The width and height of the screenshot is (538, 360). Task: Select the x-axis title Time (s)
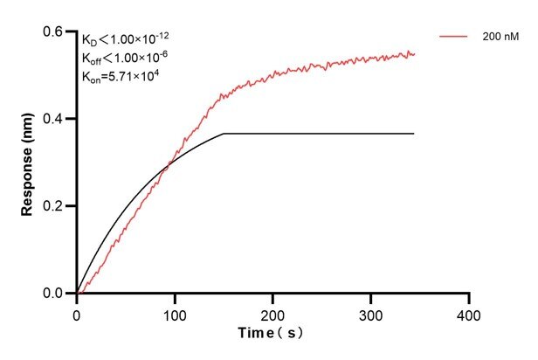pyautogui.click(x=272, y=334)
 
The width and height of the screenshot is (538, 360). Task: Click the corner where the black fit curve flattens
pyautogui.click(x=224, y=133)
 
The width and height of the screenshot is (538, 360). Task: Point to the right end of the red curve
pyautogui.click(x=414, y=54)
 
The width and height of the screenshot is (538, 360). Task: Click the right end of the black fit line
pyautogui.click(x=414, y=133)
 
